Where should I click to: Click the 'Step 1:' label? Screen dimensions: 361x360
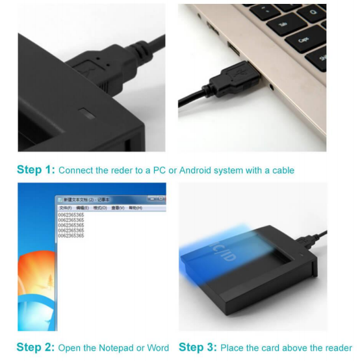tap(35, 170)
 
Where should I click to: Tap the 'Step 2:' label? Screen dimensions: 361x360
tap(35, 347)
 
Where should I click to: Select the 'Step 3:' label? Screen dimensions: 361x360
tap(198, 347)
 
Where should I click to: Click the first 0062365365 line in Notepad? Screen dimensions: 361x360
tap(71, 214)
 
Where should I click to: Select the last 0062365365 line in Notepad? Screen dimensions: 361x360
tap(71, 235)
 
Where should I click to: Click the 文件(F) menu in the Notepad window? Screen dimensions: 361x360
tap(66, 207)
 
